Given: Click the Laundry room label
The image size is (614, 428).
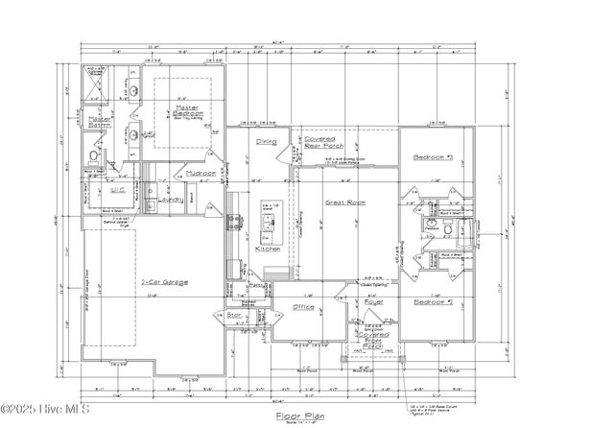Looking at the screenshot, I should click(x=171, y=201).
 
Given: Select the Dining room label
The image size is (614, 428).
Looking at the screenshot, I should click(x=266, y=142).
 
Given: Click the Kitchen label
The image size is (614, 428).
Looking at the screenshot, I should click(x=268, y=249).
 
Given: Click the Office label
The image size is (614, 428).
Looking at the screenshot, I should click(x=303, y=307).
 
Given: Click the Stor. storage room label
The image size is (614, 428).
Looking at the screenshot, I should click(x=232, y=314).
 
